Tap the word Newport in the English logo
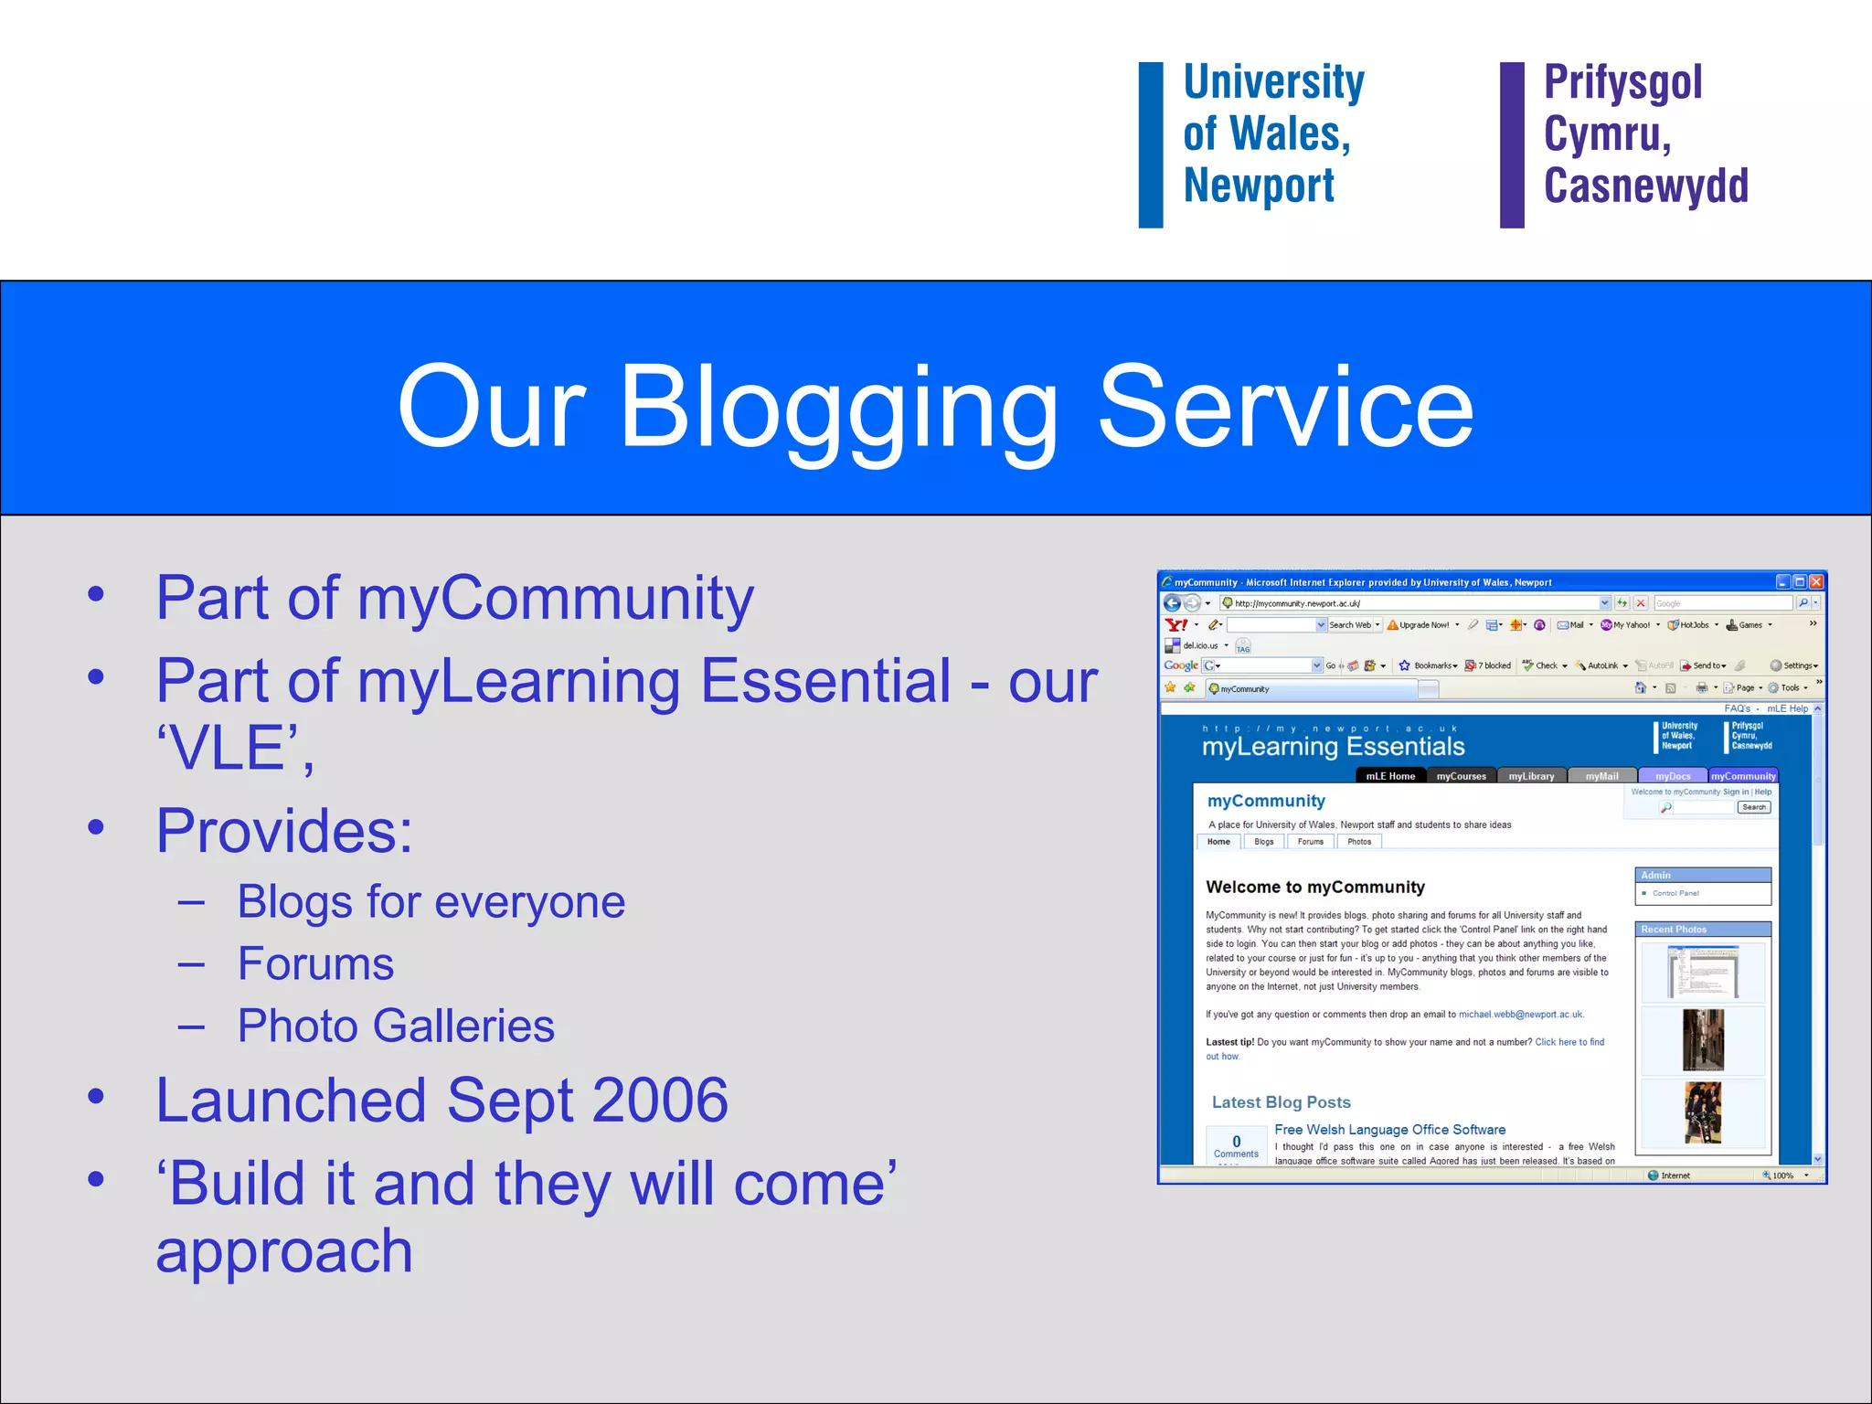pos(1259,186)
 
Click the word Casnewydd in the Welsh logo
pos(1645,186)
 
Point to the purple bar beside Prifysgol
pos(1512,144)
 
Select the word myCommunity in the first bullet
pos(555,599)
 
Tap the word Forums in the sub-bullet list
pos(315,964)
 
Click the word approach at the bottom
pos(284,1251)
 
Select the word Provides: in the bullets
pos(284,831)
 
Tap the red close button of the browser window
pos(1816,582)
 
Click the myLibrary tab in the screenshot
pos(1531,776)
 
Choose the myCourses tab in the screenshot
pos(1461,776)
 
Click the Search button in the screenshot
pos(1753,807)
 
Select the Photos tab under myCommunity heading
pos(1358,842)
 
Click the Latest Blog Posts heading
pos(1281,1102)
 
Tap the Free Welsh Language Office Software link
pos(1389,1130)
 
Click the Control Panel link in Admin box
pos(1675,893)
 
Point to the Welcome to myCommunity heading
pos(1314,887)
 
